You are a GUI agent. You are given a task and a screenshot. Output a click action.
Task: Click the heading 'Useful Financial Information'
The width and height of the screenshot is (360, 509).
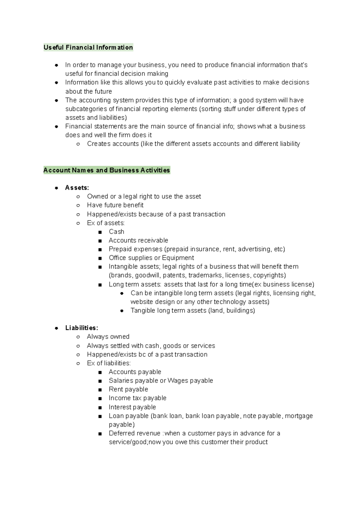click(x=88, y=47)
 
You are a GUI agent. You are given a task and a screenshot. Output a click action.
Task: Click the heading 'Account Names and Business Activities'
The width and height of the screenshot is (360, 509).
click(x=106, y=170)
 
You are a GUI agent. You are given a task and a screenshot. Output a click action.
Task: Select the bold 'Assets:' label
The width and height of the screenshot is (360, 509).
click(x=77, y=188)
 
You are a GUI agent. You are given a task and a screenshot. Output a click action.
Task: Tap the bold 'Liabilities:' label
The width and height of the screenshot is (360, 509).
click(x=82, y=328)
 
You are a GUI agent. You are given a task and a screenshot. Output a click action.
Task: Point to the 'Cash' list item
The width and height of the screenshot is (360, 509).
click(x=116, y=232)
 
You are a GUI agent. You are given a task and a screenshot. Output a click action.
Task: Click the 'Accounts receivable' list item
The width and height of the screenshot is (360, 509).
click(x=138, y=240)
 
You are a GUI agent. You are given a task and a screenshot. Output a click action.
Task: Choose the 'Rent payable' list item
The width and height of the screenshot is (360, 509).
click(x=128, y=389)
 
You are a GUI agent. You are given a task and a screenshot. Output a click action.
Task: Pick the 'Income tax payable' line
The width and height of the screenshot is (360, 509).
click(x=137, y=398)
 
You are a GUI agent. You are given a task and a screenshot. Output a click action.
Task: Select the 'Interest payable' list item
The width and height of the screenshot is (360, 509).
click(x=132, y=407)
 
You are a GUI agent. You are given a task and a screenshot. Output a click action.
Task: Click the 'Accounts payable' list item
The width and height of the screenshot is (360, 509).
click(x=135, y=372)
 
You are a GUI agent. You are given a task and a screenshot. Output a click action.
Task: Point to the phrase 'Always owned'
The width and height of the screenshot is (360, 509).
click(x=108, y=337)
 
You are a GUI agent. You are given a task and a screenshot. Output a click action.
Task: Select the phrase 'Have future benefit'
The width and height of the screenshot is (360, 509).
click(x=115, y=205)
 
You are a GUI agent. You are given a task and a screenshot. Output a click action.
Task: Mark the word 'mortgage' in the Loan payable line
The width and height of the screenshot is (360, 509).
click(x=299, y=416)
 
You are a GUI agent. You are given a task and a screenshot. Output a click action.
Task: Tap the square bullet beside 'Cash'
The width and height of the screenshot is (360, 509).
click(x=100, y=232)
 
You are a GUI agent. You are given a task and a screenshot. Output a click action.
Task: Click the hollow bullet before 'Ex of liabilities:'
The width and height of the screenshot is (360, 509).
click(x=78, y=363)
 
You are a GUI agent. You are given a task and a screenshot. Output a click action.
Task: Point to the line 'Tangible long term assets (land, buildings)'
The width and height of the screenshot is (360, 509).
click(x=193, y=311)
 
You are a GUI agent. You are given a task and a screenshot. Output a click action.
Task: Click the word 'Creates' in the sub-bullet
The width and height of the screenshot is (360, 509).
click(x=98, y=144)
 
